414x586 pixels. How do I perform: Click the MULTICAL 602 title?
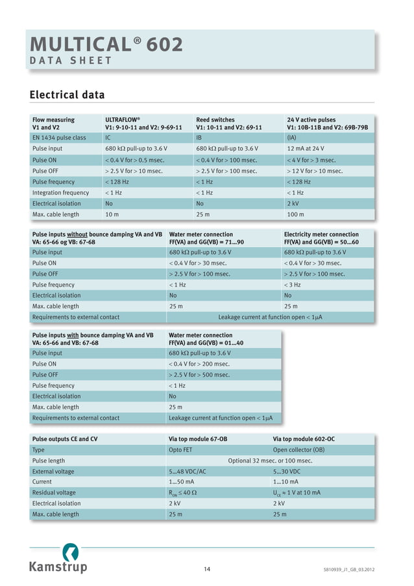pos(106,44)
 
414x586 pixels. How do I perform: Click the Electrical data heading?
pos(67,96)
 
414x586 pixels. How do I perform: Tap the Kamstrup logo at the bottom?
pos(58,561)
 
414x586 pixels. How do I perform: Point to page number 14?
pos(206,570)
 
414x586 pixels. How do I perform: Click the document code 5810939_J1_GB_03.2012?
pos(348,570)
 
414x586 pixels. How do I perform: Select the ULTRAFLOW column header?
pos(143,123)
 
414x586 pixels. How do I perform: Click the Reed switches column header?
pos(229,123)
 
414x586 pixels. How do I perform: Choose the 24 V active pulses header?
pos(327,123)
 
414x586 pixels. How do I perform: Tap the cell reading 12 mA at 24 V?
pos(306,149)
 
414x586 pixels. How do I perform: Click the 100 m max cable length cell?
pos(295,214)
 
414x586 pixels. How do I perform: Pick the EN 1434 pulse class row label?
pos(59,138)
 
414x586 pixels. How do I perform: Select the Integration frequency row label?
pos(60,192)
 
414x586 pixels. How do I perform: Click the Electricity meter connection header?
pos(321,238)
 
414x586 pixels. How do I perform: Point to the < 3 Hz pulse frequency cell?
pos(293,285)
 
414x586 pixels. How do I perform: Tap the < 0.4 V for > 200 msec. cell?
pos(199,364)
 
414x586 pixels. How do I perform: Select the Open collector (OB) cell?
pos(298,450)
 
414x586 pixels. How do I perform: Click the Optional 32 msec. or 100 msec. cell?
pos(270,461)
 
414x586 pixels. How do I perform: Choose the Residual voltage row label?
pos(54,492)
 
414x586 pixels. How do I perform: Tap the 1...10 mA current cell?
pos(286,482)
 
